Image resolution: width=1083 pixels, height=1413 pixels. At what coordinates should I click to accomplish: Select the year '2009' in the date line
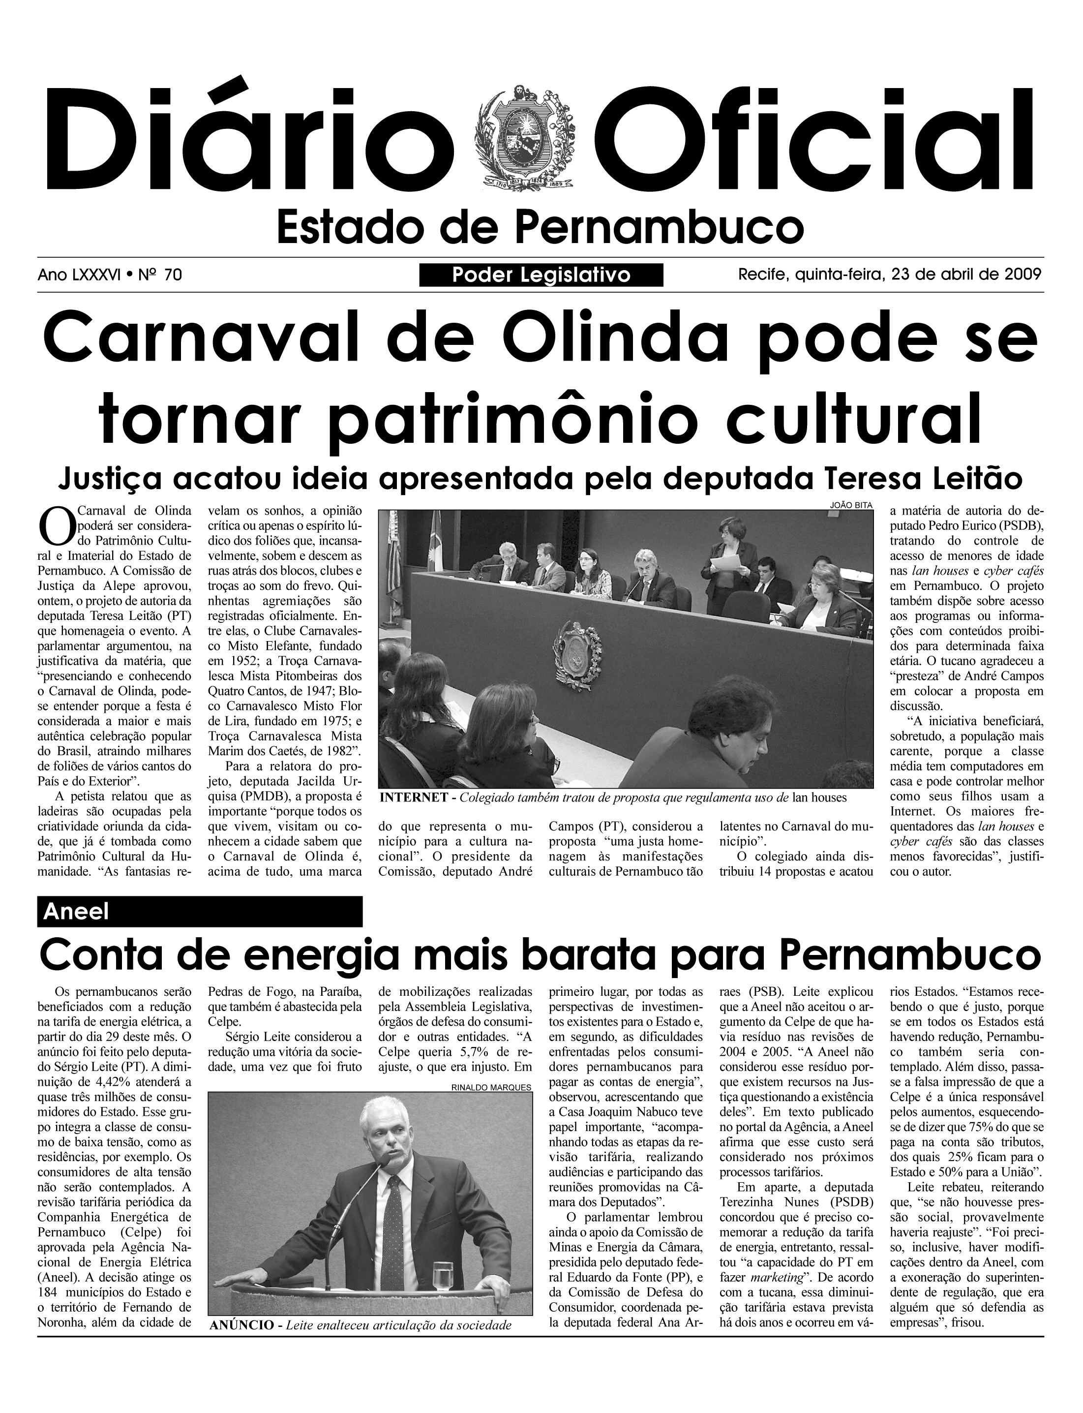point(1023,275)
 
